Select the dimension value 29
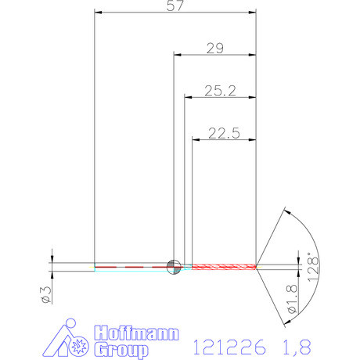pos(214,49)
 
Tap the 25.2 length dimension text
pos(220,91)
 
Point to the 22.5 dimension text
pos(224,133)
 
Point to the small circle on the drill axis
pos(174,266)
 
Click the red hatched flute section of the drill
pos(224,266)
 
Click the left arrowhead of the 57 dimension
pos(98,13)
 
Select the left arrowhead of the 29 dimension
pos(177,55)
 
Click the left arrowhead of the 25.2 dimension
pos(188,97)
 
